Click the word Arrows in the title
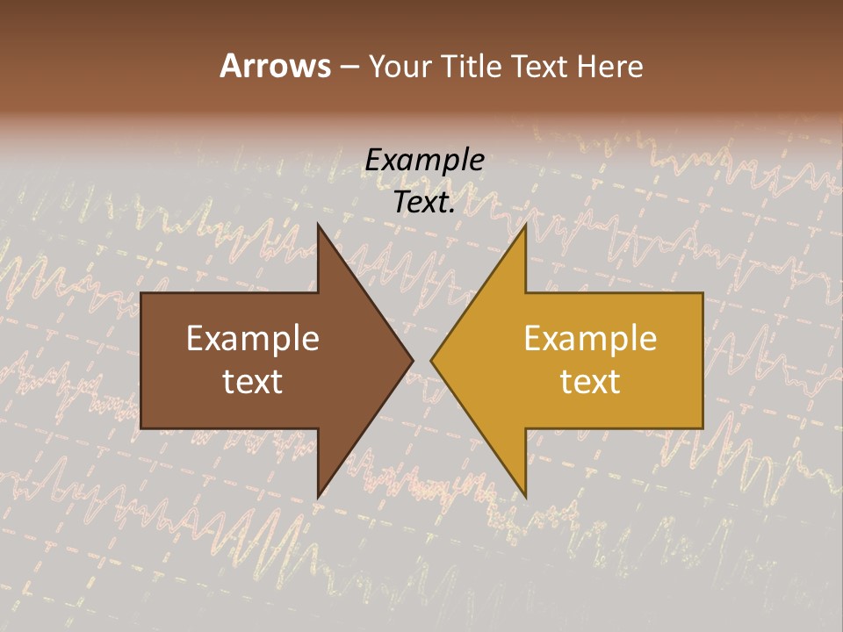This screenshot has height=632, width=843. (x=275, y=67)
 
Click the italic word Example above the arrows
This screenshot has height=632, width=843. (x=425, y=161)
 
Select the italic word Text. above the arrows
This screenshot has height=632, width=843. (x=425, y=203)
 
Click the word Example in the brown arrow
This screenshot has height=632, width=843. (x=253, y=339)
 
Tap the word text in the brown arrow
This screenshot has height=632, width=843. (x=253, y=382)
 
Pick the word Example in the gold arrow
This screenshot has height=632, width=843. (x=590, y=339)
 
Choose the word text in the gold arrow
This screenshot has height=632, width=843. (x=590, y=382)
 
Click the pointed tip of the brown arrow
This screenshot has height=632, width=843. (x=413, y=360)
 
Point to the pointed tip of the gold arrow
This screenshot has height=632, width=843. (x=431, y=360)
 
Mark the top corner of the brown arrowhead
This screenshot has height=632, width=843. (x=318, y=225)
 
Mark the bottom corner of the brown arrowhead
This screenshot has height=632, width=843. (x=318, y=497)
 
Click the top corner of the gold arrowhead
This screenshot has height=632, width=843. (x=525, y=225)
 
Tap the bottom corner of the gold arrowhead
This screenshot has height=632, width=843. (x=525, y=497)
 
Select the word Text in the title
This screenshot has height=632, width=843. (x=541, y=67)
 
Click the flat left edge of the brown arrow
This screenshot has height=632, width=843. (x=141, y=361)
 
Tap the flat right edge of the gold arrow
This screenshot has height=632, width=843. (x=702, y=361)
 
